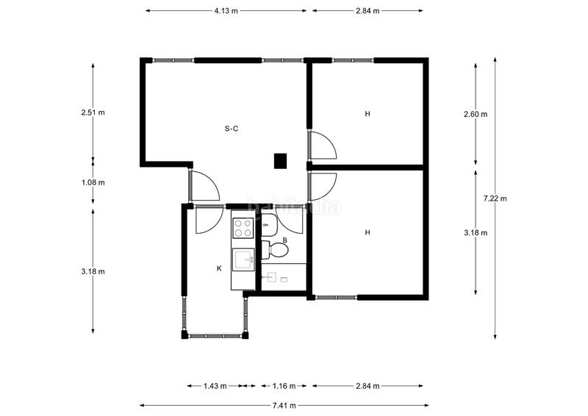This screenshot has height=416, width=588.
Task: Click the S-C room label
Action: tap(231, 129)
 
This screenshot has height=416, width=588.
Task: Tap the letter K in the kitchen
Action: tap(219, 269)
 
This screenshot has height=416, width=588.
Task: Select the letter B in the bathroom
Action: tap(284, 240)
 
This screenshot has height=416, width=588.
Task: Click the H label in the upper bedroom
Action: tap(367, 114)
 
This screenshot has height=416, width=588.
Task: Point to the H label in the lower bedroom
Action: tap(367, 232)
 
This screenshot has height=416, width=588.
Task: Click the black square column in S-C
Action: tap(280, 160)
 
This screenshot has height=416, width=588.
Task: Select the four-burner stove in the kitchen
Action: tap(243, 229)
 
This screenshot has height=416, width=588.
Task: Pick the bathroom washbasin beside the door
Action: tap(269, 226)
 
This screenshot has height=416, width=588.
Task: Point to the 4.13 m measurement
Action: tap(226, 11)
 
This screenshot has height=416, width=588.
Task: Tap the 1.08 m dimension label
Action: tap(93, 182)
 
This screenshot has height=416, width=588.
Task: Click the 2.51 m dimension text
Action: tap(93, 112)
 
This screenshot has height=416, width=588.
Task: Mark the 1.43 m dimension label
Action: tap(215, 385)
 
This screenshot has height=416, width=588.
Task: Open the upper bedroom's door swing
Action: tap(322, 146)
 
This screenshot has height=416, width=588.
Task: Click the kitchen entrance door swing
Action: tap(207, 220)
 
